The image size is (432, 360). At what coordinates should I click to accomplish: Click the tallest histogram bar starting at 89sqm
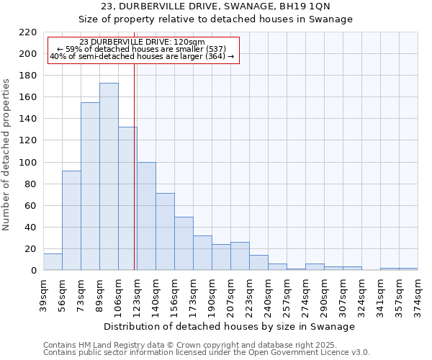coord(109,176)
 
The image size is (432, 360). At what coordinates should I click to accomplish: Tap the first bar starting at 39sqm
coord(53,262)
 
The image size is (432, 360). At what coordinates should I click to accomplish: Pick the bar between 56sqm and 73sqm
coord(71,220)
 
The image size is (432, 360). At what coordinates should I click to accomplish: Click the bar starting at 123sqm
coord(146,216)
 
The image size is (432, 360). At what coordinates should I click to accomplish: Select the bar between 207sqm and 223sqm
coord(240,256)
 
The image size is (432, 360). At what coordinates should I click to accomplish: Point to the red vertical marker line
coord(135,166)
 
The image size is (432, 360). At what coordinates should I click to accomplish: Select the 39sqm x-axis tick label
coord(44,294)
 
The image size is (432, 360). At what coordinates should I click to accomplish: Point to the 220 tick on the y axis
coord(29,32)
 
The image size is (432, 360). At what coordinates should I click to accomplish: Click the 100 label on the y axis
coord(29,163)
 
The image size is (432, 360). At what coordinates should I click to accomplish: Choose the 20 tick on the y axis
coord(31,249)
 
